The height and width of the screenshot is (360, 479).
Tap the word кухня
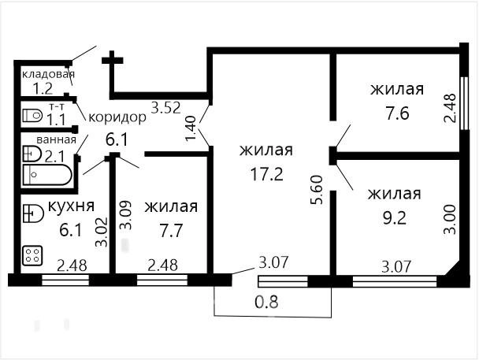(67, 207)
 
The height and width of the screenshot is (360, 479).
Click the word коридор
(117, 117)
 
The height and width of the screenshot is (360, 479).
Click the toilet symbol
(32, 116)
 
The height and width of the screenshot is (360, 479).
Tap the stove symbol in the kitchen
(34, 255)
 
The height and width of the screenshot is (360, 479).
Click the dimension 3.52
(166, 109)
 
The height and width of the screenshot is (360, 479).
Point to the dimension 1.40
(190, 127)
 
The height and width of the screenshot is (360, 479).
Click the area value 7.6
(397, 111)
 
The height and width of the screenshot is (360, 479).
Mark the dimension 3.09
(124, 214)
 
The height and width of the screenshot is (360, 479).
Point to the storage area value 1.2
(43, 88)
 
